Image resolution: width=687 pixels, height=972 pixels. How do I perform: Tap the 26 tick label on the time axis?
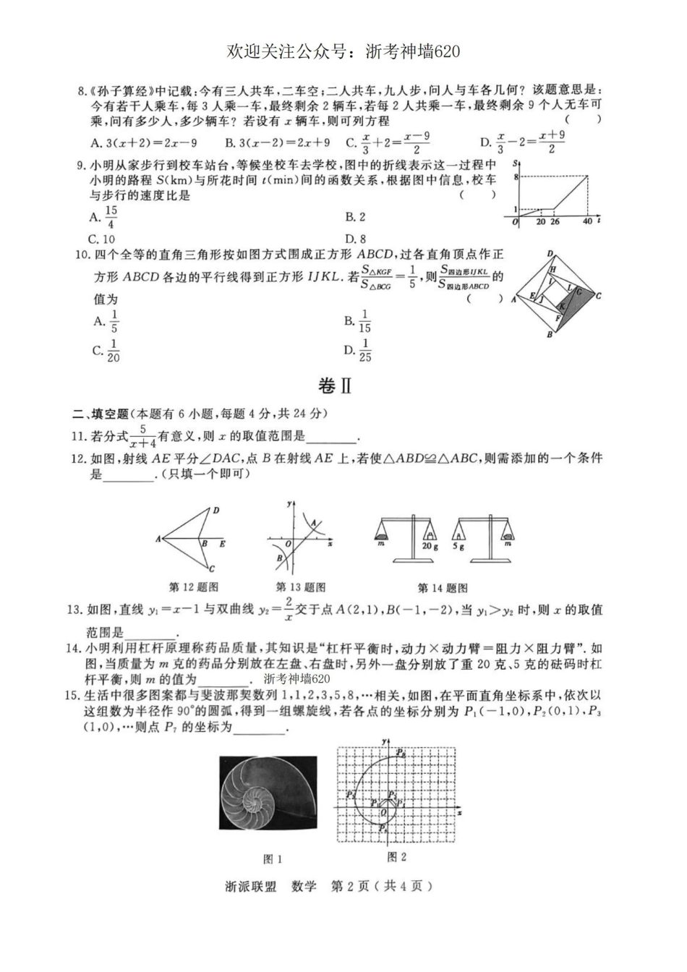tap(555, 222)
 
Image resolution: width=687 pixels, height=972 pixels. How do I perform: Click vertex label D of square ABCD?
tap(550, 254)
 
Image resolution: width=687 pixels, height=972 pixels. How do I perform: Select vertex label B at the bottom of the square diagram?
tap(550, 335)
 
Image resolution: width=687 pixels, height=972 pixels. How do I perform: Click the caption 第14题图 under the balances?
tap(443, 587)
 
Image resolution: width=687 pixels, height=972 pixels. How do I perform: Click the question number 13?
tap(74, 610)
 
